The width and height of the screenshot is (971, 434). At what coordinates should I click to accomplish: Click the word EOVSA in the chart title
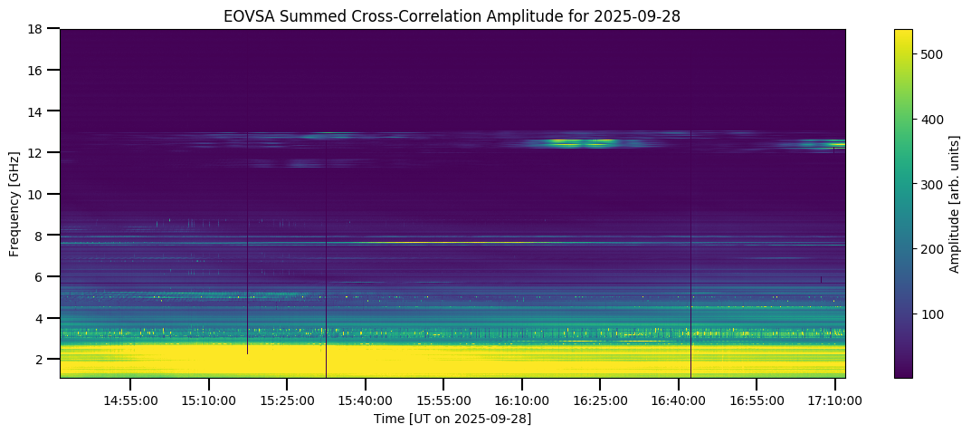(x=245, y=15)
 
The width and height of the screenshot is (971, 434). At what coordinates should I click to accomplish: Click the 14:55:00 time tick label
(x=130, y=399)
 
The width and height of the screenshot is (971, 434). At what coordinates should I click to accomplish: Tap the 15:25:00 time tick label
(x=287, y=399)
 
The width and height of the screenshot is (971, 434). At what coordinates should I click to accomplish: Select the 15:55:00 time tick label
(x=443, y=399)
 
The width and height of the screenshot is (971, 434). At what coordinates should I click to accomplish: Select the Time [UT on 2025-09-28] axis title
(x=452, y=419)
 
